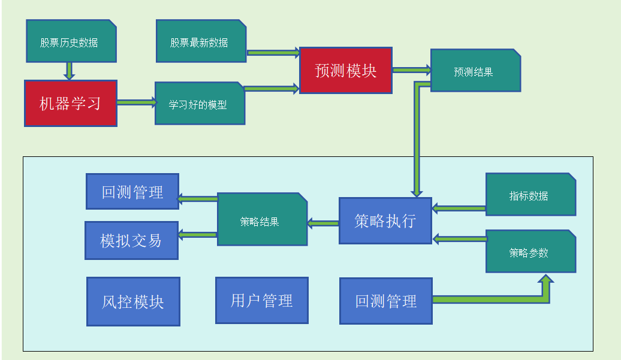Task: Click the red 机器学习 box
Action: (x=71, y=103)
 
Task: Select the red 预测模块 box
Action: (x=345, y=71)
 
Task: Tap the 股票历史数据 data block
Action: (x=71, y=41)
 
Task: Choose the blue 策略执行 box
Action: (x=385, y=220)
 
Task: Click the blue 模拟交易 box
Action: (x=131, y=240)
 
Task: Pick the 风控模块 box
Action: (x=133, y=301)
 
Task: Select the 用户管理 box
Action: (x=262, y=300)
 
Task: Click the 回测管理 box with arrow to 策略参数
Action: (x=385, y=301)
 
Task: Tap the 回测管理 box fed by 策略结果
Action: (x=132, y=192)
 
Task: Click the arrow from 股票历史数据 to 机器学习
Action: (x=70, y=71)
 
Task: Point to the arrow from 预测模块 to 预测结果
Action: (x=411, y=70)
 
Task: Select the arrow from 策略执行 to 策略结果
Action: (x=323, y=223)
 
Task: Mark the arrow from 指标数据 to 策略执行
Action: (x=459, y=208)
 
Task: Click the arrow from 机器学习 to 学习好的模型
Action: (x=136, y=102)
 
